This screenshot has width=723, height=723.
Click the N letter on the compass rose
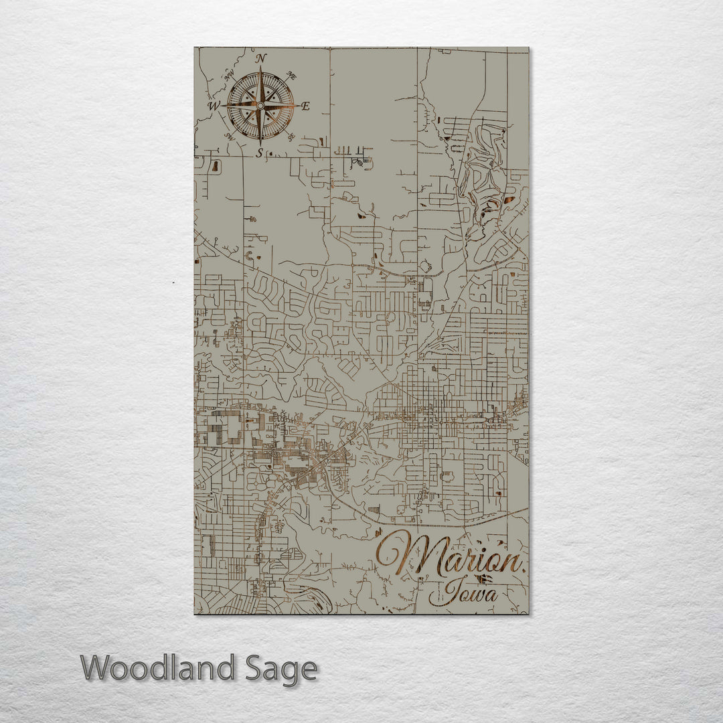[x=261, y=58]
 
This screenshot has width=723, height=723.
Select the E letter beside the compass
[x=306, y=106]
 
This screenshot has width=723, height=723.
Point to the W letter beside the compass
[x=213, y=106]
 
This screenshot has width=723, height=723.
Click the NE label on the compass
[x=291, y=75]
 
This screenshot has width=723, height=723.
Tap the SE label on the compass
[x=291, y=137]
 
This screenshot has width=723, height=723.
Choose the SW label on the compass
[x=230, y=137]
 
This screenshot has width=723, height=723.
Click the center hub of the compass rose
[x=260, y=106]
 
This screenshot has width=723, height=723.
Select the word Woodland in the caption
[x=158, y=668]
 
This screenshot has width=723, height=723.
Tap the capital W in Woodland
[x=98, y=668]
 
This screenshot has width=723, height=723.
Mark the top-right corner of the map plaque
[x=528, y=48]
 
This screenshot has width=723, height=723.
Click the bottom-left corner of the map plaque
[x=195, y=614]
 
